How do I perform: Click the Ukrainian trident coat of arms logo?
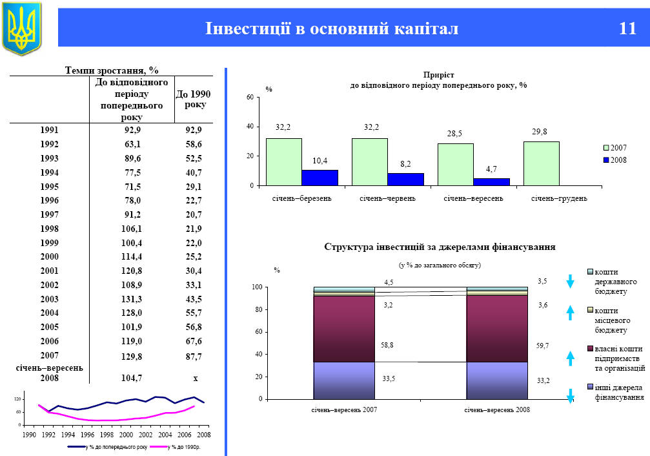(21, 27)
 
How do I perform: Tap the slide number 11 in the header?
(627, 28)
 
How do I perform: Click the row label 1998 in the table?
(50, 229)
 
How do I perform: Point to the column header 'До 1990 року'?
(193, 99)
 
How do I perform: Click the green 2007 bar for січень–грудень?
(541, 163)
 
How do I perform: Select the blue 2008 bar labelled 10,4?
(320, 178)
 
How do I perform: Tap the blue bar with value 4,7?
(491, 181)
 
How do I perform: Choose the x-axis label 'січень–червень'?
(387, 198)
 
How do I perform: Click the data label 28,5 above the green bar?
(455, 133)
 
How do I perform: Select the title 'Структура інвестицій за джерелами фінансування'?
(440, 247)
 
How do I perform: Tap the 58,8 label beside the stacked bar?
(388, 346)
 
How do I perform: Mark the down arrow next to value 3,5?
(570, 281)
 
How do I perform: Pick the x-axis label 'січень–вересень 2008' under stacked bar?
(497, 410)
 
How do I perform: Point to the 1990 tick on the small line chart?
(28, 435)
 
